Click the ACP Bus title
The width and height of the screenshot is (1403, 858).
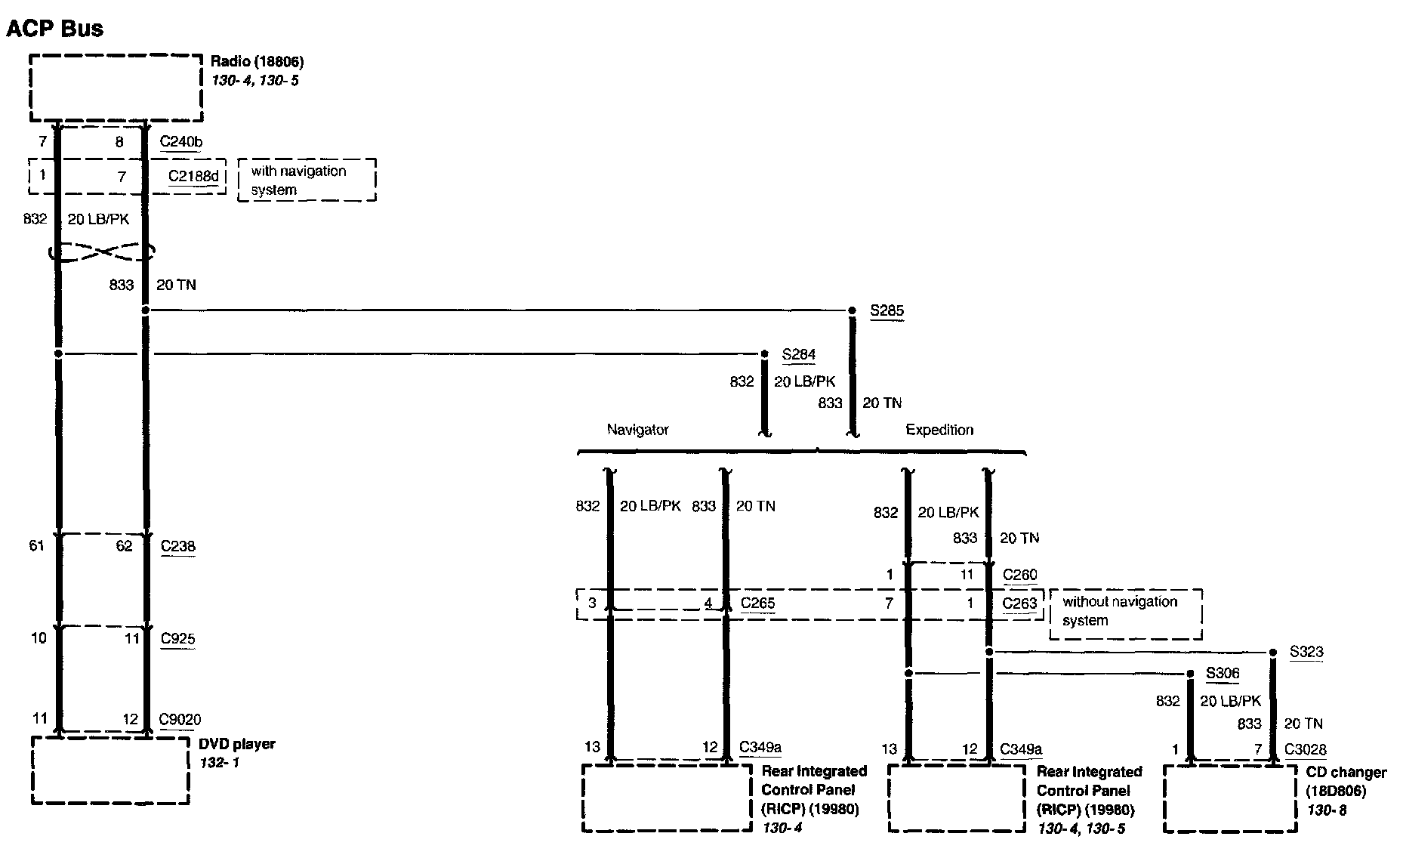[x=54, y=29]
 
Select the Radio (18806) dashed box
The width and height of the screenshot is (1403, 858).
[x=116, y=88]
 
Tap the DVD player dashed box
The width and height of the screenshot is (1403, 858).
[x=110, y=770]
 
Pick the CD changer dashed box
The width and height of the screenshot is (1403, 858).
[x=1230, y=799]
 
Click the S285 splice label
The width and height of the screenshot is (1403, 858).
[x=887, y=310]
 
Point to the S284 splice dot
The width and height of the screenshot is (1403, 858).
[x=764, y=353]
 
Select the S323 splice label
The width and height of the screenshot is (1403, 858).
[x=1306, y=652]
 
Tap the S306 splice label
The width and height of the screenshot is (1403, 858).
[x=1223, y=674]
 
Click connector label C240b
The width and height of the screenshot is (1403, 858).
[x=181, y=142]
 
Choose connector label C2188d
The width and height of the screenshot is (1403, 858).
[x=193, y=177]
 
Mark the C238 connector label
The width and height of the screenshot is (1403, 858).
[x=178, y=546]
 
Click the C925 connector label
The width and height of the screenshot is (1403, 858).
[x=178, y=639]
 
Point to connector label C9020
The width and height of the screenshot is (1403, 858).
[x=180, y=720]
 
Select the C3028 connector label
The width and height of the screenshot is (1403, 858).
[x=1306, y=750]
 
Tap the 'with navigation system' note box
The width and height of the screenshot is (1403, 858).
[x=307, y=180]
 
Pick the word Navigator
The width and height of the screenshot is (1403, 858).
[x=637, y=430]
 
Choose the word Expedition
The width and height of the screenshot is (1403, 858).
[x=939, y=430]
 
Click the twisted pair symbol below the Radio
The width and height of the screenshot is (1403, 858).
[x=101, y=252]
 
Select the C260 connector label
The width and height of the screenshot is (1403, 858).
[x=1020, y=575]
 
